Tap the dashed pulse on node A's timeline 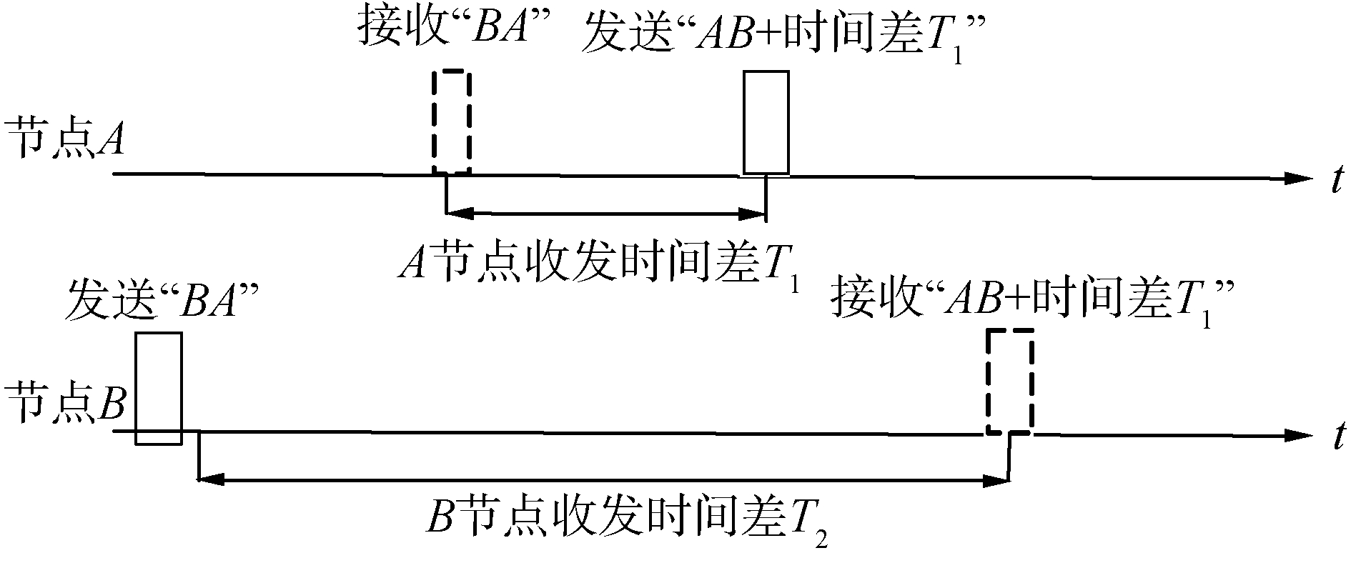452,122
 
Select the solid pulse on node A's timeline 766,122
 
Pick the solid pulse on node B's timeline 159,389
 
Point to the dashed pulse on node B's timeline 1009,382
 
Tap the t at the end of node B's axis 1335,438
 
